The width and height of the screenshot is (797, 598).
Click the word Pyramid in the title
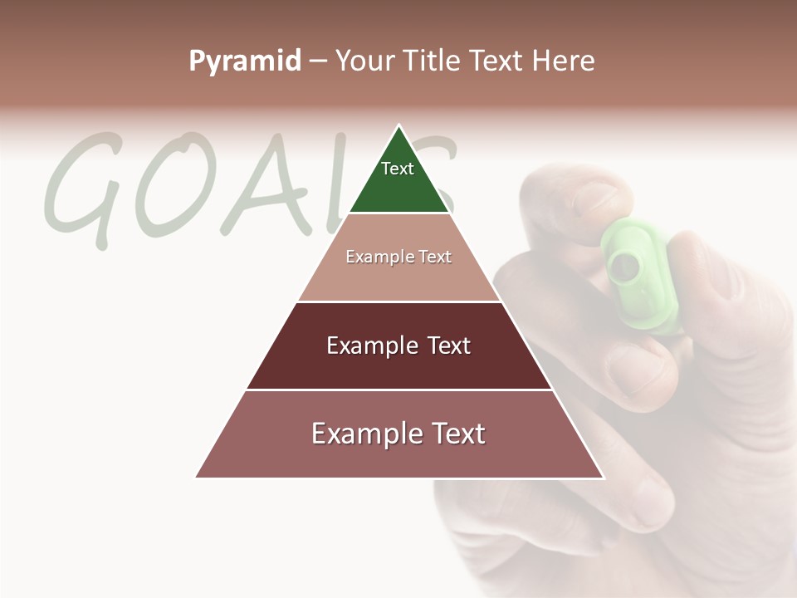[245, 61]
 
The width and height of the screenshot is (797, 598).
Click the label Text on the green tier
[398, 169]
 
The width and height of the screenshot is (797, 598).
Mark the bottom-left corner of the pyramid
[196, 478]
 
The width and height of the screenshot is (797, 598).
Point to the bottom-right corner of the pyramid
[604, 478]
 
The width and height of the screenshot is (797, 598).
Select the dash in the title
[318, 61]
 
